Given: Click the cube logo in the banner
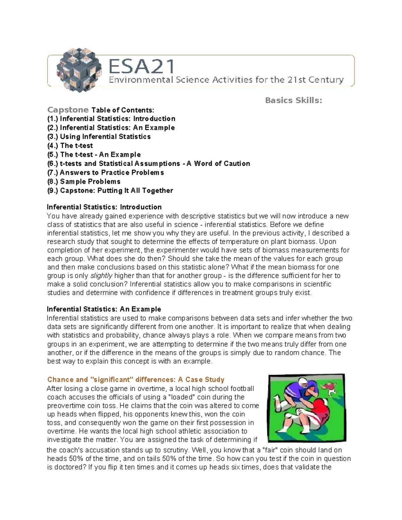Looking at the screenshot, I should [x=79, y=70].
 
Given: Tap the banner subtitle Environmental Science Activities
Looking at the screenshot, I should [x=226, y=80].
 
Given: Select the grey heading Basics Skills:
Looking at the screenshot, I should [x=293, y=100].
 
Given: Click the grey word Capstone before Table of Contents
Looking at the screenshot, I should [x=68, y=110].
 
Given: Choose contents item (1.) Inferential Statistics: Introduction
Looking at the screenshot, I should [x=111, y=119].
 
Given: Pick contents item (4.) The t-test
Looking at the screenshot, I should [x=70, y=146].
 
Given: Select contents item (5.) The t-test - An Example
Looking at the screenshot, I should [x=94, y=155].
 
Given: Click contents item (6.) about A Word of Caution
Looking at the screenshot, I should [x=149, y=164].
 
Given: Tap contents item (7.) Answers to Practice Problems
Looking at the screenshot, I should [x=106, y=173].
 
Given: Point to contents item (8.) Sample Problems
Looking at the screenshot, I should [x=84, y=182].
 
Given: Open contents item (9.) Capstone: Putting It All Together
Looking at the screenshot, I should [x=110, y=191].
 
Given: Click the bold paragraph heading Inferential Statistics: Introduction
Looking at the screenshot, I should [x=104, y=207].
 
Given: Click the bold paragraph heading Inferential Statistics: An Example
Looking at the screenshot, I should [x=104, y=309].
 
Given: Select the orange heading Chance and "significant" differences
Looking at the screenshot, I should [x=136, y=379].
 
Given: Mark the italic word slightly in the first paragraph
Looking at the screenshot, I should [x=102, y=276].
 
